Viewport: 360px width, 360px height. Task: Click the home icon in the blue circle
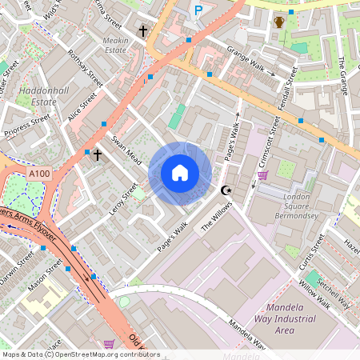pos(180,173)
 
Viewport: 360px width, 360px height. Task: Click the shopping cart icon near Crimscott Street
pos(262,175)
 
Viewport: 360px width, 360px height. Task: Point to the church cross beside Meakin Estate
pos(143,31)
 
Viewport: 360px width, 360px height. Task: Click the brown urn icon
pos(279,22)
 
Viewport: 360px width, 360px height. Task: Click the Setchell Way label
pos(334,291)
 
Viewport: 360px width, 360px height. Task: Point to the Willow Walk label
pos(314,294)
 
